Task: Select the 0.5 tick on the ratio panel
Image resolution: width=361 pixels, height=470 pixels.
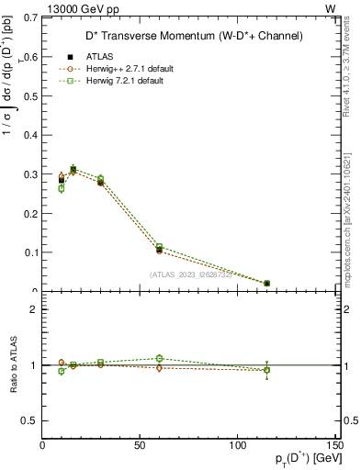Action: tap(32, 420)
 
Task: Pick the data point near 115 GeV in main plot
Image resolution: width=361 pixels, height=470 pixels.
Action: tap(266, 283)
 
